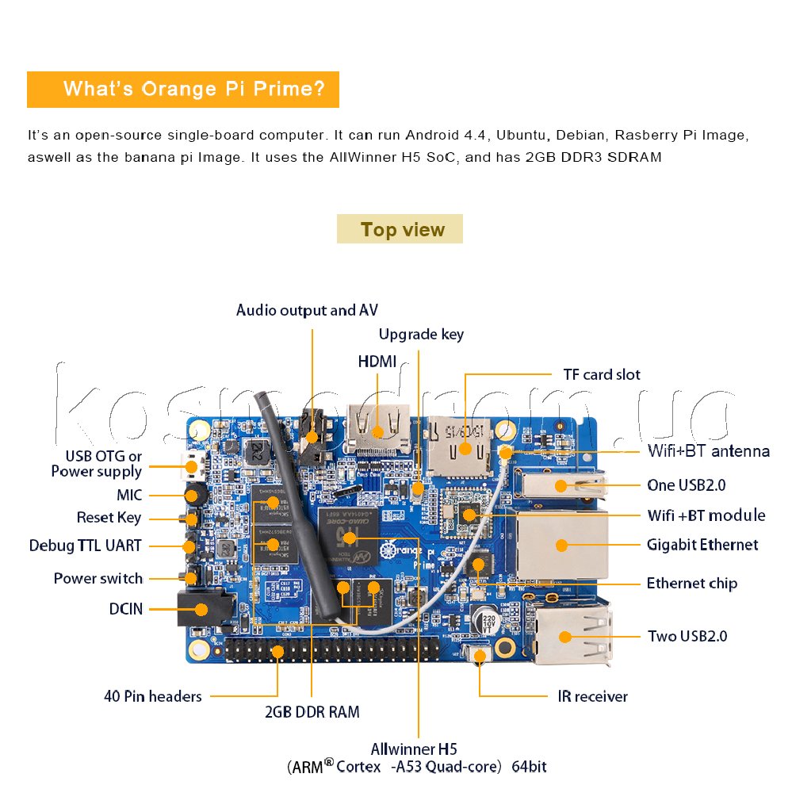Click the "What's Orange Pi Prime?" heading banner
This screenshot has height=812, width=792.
(x=183, y=89)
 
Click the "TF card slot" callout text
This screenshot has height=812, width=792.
(x=601, y=374)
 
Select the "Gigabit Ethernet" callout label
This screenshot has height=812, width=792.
(x=702, y=545)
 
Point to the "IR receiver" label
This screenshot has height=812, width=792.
(x=591, y=696)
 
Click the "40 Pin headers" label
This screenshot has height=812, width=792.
(x=152, y=696)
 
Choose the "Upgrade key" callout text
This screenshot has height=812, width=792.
(x=421, y=334)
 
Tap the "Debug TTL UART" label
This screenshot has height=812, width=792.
(x=86, y=546)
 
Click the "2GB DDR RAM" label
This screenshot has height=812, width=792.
(x=312, y=712)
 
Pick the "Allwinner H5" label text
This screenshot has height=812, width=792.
(x=413, y=749)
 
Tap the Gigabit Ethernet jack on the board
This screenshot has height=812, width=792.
(x=561, y=545)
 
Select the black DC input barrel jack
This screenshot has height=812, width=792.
(x=202, y=610)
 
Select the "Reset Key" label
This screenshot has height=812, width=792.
(x=109, y=518)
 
